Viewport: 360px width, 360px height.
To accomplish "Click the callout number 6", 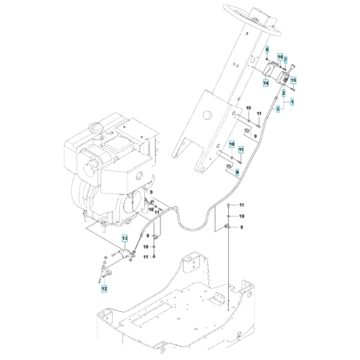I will [267, 50].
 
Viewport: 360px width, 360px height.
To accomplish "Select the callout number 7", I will [285, 60].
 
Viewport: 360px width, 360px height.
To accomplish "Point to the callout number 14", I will [265, 82].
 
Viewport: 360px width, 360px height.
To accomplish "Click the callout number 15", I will [293, 81].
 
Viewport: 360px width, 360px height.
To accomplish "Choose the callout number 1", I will [292, 102].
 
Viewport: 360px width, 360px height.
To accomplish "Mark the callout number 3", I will [278, 109].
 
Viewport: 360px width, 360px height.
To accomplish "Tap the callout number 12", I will [103, 289].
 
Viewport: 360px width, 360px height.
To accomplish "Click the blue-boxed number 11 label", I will [242, 150].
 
